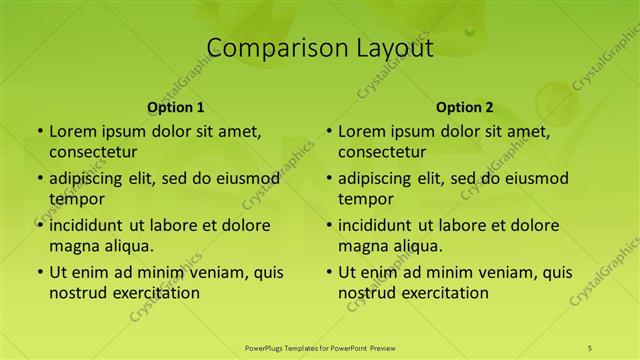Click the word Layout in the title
click(385, 48)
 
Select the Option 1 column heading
click(176, 107)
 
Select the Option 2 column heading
click(465, 107)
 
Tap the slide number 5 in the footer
click(590, 347)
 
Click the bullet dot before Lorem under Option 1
click(39, 131)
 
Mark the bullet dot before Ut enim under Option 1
click(39, 272)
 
